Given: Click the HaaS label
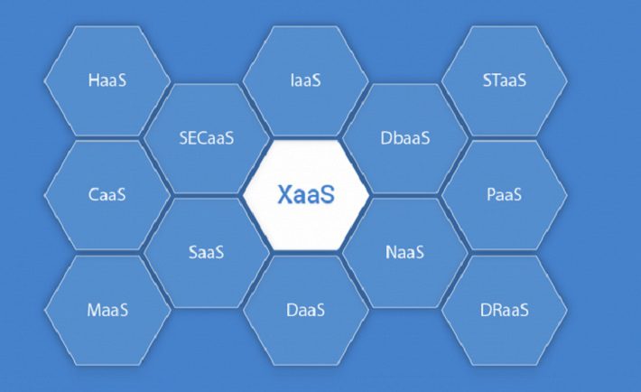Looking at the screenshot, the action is (x=107, y=80).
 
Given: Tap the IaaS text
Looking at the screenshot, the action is (x=306, y=80).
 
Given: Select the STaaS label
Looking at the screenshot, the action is (x=505, y=80).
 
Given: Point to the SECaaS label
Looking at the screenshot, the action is (x=207, y=138).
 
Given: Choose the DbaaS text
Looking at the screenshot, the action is (x=405, y=138).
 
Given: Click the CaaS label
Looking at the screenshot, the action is (x=107, y=194).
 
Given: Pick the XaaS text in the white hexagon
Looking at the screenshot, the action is (x=306, y=194).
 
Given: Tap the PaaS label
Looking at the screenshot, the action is (x=504, y=194).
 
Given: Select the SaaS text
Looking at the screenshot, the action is (x=207, y=252).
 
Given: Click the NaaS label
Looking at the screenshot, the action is (x=404, y=252).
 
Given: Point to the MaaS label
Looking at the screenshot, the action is (x=107, y=310).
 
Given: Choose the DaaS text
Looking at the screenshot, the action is (x=306, y=310).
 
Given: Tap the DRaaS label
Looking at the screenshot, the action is (x=504, y=310).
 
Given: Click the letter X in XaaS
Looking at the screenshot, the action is (x=284, y=194).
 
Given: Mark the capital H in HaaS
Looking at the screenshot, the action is (x=94, y=80).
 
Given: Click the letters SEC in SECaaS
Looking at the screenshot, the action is (x=194, y=138).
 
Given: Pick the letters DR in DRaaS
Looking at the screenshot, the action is (x=489, y=310).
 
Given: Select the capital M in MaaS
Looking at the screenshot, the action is (x=94, y=310).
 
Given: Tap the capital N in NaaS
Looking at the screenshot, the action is (x=391, y=252).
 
